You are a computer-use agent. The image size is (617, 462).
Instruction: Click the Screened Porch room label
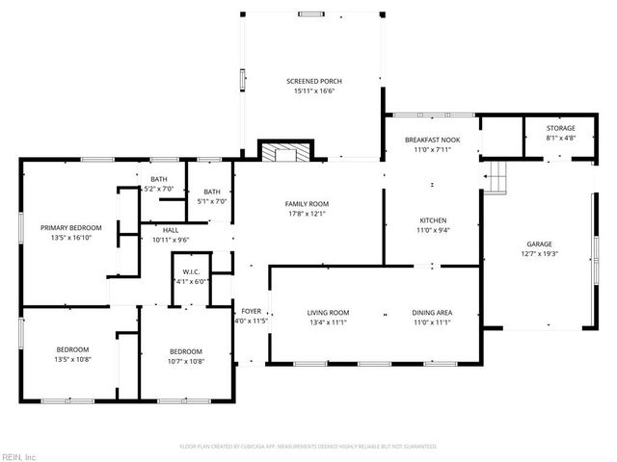point(314,81)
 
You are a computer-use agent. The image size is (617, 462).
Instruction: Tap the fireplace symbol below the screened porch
point(284,151)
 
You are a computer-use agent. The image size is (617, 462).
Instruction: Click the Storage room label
point(560,128)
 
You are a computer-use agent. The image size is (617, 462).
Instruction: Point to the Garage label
point(538,244)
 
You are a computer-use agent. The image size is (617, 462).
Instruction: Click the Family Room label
point(307,204)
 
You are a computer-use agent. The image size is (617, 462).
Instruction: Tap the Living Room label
point(328,313)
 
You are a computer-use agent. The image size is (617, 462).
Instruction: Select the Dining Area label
point(433,313)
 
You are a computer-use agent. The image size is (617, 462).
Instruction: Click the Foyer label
point(251,311)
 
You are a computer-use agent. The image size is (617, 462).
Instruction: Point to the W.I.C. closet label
point(191,272)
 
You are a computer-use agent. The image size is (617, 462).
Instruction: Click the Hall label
point(170,230)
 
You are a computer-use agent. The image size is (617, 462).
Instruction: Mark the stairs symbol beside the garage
point(496,177)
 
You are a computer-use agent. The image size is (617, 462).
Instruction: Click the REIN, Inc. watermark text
point(19,455)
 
